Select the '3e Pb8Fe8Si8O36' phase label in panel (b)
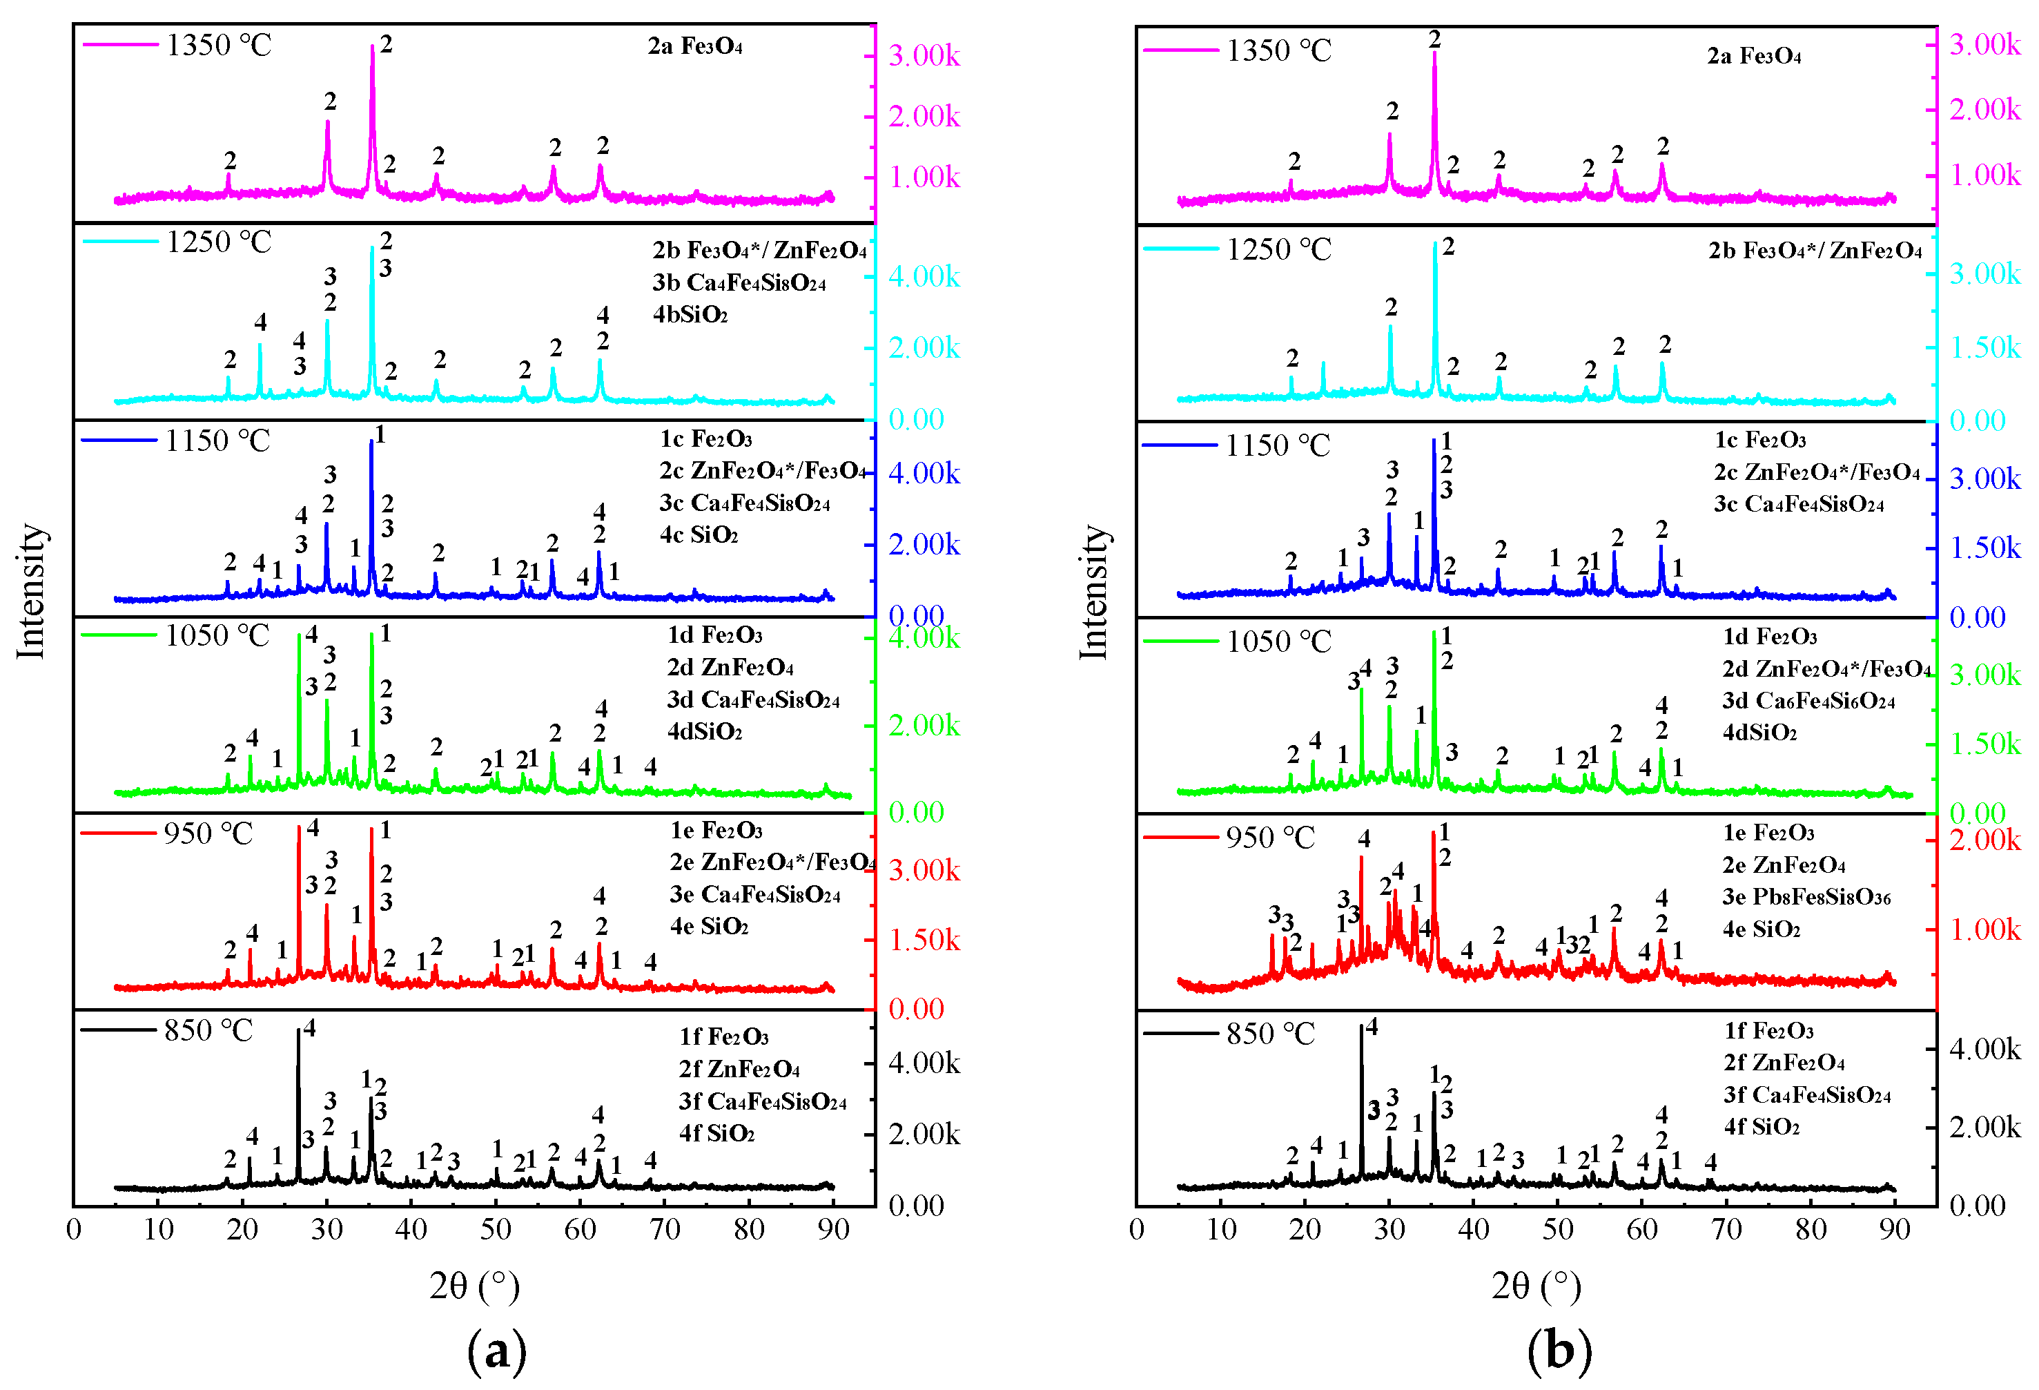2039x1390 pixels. point(1806,897)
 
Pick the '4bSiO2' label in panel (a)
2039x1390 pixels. point(690,314)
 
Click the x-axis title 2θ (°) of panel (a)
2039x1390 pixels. point(475,1286)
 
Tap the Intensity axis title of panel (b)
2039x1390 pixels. point(1092,592)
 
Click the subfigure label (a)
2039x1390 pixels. point(496,1350)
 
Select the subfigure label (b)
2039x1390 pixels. point(1559,1350)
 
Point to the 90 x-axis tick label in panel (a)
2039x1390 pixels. point(832,1229)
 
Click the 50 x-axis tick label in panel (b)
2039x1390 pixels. point(1557,1229)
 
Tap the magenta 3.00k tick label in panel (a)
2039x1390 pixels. point(924,55)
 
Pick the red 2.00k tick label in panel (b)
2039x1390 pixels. point(1984,840)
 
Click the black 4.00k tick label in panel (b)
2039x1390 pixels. point(1984,1049)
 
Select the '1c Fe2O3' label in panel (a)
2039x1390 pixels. point(705,438)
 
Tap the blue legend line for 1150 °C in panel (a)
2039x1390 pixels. point(119,440)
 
